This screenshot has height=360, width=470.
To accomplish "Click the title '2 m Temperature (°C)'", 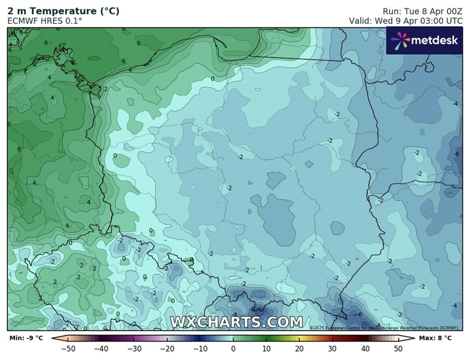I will click(x=63, y=10).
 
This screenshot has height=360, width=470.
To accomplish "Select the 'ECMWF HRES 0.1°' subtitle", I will click(x=45, y=20).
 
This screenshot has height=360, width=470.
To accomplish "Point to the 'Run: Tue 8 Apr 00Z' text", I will click(x=422, y=10).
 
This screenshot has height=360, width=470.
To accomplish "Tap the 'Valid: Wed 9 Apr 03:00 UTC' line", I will click(x=406, y=20).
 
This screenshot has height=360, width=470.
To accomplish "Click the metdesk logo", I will click(x=425, y=40).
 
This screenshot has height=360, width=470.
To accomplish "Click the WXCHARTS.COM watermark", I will click(x=237, y=322).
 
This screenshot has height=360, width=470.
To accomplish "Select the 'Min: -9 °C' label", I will click(x=26, y=339).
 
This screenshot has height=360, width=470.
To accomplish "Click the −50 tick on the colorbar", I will click(x=68, y=348).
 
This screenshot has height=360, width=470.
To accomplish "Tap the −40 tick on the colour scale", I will click(x=101, y=348).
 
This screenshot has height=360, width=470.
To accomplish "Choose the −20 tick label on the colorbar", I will click(x=167, y=348).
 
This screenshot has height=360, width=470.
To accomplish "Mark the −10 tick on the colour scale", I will click(x=200, y=348).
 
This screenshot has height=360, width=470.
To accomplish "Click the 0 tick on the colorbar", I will click(x=233, y=348).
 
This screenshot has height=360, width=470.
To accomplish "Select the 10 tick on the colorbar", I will click(x=266, y=348).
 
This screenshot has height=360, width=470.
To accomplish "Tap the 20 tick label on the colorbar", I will click(x=299, y=348).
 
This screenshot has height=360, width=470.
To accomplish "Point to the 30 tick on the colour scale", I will click(x=332, y=348).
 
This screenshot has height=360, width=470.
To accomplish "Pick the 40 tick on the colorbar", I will click(x=365, y=348).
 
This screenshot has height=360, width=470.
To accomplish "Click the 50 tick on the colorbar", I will click(x=398, y=348).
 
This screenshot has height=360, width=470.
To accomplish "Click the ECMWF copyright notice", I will click(x=384, y=328).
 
